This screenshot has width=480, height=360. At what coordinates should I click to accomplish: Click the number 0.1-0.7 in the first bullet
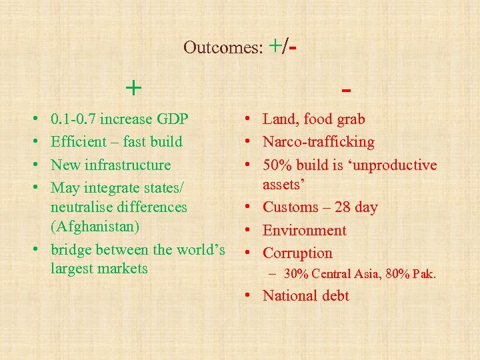(73, 119)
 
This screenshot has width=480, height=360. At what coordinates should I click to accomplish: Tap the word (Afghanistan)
(95, 227)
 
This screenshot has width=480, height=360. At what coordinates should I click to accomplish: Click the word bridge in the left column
(71, 250)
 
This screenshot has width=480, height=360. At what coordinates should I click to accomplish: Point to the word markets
(123, 269)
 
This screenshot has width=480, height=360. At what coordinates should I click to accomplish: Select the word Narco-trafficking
(319, 142)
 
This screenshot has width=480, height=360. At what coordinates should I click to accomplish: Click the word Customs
(291, 207)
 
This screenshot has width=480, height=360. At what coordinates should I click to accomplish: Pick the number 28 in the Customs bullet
(343, 207)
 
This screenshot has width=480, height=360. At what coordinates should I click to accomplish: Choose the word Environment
(305, 231)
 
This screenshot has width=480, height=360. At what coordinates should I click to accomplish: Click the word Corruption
(297, 253)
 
